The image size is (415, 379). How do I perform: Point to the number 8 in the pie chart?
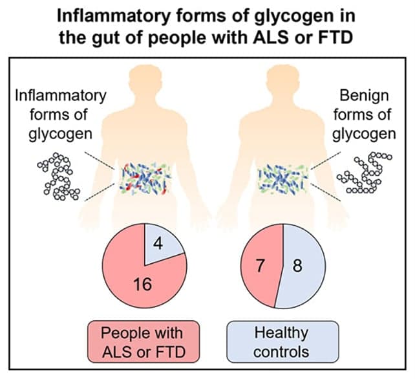297,266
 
